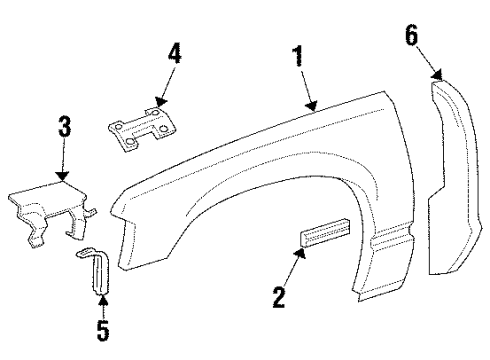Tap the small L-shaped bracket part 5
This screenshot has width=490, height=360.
click(x=95, y=270)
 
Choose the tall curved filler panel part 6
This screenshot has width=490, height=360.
click(x=456, y=180)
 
